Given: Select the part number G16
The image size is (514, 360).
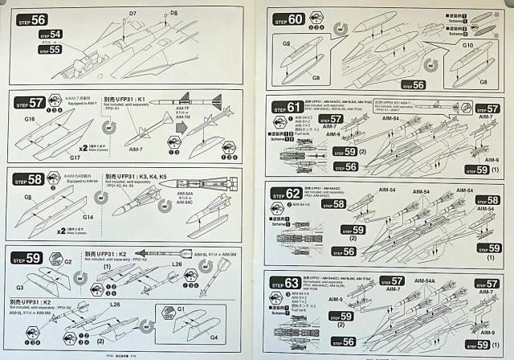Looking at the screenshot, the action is [30, 119].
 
